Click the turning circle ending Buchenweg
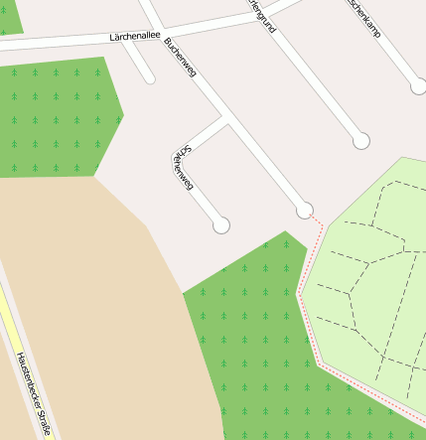tap(305, 210)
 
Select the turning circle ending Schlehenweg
tap(221, 225)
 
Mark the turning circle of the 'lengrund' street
tap(361, 141)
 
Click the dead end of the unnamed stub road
tap(150, 77)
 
